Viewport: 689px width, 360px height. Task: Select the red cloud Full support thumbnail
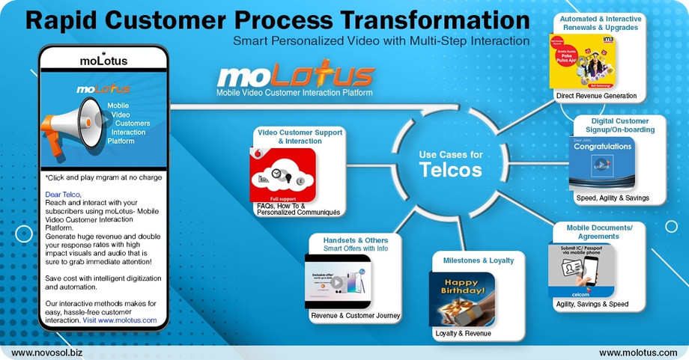tap(282, 174)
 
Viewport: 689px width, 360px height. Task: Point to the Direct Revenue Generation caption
tap(596, 96)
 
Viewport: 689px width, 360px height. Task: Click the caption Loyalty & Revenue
tap(463, 333)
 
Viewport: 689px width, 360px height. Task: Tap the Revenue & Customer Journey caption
tap(356, 316)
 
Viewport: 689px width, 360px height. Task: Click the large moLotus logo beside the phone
tap(295, 76)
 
